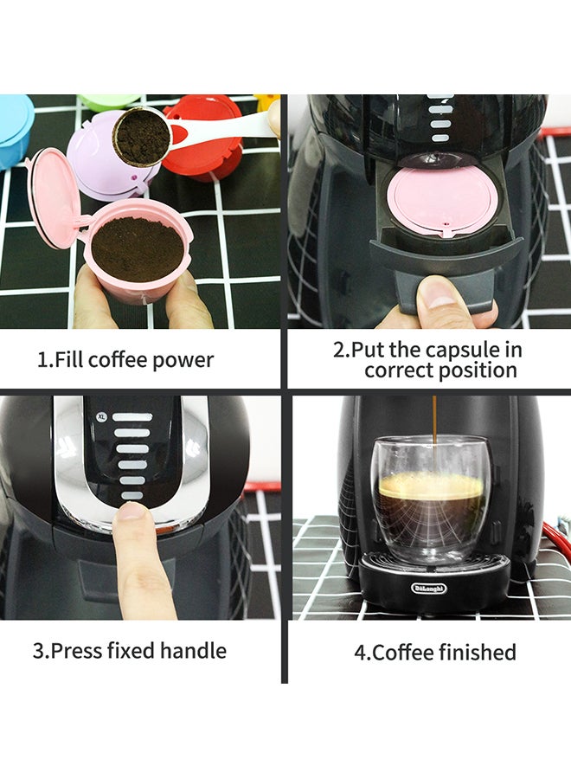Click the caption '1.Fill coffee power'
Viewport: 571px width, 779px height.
tap(125, 359)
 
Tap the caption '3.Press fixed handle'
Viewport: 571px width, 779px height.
tap(130, 650)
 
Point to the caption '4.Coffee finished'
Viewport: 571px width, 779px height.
tap(434, 652)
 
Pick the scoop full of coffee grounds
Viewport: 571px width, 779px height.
tap(143, 137)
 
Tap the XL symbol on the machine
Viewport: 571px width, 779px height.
tap(101, 416)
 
